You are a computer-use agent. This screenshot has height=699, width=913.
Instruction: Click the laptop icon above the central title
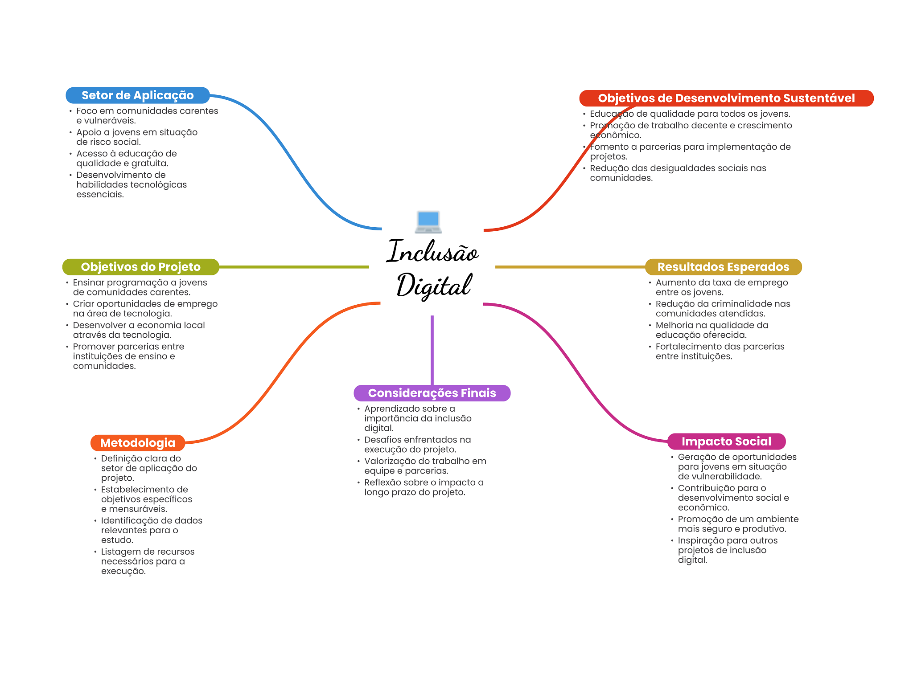coord(428,222)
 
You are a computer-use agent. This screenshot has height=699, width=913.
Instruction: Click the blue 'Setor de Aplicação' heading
coord(137,95)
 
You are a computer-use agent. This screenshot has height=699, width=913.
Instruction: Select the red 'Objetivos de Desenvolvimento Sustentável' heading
coord(726,98)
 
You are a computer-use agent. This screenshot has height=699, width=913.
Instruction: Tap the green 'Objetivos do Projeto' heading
coord(140,267)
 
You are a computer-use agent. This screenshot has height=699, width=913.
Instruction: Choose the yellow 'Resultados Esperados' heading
coord(723,267)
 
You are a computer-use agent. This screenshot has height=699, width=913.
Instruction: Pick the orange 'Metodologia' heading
coord(137,443)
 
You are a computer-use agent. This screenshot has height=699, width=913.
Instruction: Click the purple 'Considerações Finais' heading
coord(432,393)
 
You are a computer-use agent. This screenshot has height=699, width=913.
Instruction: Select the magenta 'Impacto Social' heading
coord(726,441)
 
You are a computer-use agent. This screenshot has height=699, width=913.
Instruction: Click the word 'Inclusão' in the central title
coord(432,252)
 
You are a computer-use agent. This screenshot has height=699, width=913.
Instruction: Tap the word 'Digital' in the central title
coord(433,286)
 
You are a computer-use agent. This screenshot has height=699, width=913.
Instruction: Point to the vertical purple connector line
coord(432,350)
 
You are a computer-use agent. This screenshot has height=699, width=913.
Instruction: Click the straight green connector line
coord(294,267)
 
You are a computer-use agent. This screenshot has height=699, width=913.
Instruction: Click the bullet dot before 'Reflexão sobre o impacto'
coord(358,483)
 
